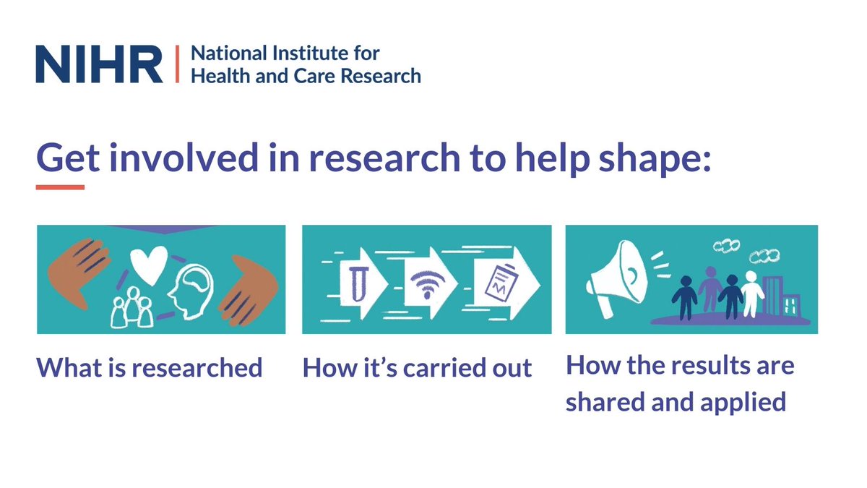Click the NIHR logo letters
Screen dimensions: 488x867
[x=99, y=64]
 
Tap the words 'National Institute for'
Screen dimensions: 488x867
[x=285, y=53]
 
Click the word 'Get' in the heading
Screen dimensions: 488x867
[x=67, y=157]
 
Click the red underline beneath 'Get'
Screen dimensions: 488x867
[x=61, y=187]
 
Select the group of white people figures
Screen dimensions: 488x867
[x=129, y=308]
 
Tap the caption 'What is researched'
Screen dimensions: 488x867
[x=150, y=368]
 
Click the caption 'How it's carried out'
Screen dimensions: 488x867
[x=417, y=368]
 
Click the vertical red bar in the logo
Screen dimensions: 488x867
[x=176, y=64]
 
